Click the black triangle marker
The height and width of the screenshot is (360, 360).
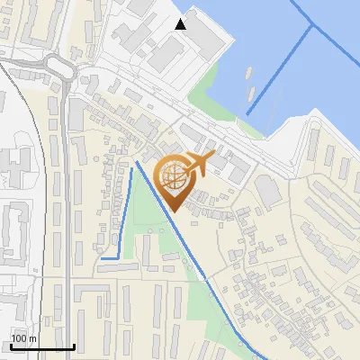(181, 24)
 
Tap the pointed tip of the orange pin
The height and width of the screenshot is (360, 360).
(174, 211)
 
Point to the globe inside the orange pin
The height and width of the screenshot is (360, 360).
(173, 175)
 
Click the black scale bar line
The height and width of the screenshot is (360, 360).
(41, 346)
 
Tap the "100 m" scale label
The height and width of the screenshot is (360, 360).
(23, 338)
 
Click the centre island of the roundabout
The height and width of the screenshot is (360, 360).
(59, 67)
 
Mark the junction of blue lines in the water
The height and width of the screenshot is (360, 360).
(311, 26)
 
